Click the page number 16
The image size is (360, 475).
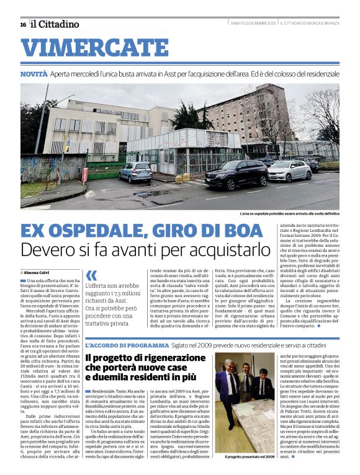pyautogui.click(x=23, y=24)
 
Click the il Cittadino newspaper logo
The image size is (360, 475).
pyautogui.click(x=55, y=24)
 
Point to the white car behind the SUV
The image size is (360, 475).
pyautogui.click(x=289, y=170)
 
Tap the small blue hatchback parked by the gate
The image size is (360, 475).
pyautogui.click(x=135, y=172)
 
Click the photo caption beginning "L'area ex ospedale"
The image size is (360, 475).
pyautogui.click(x=289, y=214)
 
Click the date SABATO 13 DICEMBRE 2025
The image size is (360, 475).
pyautogui.click(x=251, y=24)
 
